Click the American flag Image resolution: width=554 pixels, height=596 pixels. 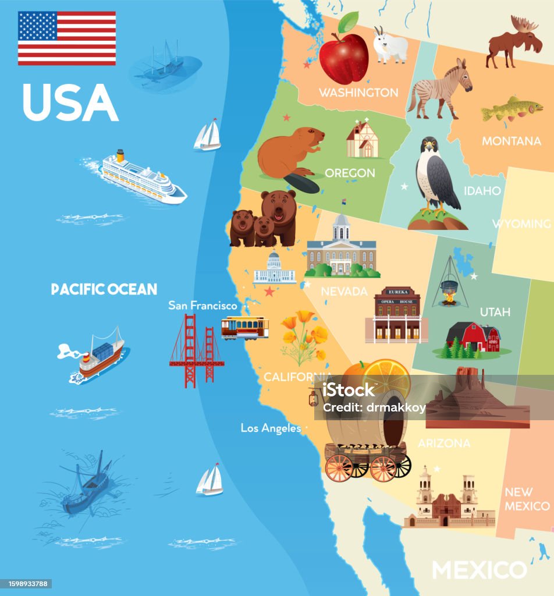pyautogui.click(x=66, y=38)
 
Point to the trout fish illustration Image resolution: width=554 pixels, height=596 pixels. pyautogui.click(x=511, y=109)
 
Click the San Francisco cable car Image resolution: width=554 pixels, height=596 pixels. pyautogui.click(x=244, y=327)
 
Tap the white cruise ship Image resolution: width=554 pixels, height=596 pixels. pyautogui.click(x=143, y=178)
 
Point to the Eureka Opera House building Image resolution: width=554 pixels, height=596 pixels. pyautogui.click(x=397, y=314)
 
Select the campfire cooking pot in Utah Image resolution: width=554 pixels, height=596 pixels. pyautogui.click(x=449, y=287)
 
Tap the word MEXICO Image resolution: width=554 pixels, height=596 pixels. pyautogui.click(x=479, y=569)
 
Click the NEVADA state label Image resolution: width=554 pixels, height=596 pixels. pyautogui.click(x=345, y=291)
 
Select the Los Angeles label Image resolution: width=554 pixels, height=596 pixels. pyautogui.click(x=271, y=428)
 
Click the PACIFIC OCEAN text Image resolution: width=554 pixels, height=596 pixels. pyautogui.click(x=104, y=289)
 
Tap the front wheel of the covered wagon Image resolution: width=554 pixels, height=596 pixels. pyautogui.click(x=339, y=467)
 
